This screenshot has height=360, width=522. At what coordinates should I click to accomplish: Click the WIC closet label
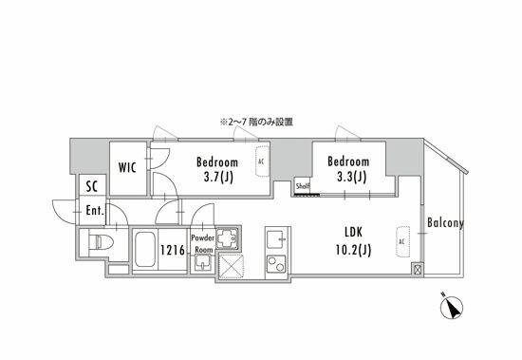coord(128,167)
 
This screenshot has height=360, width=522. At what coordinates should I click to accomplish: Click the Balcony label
coord(444,224)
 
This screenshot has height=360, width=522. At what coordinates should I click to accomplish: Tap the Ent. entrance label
coord(95,211)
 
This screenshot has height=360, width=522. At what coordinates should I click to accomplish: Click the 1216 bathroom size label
coord(172,251)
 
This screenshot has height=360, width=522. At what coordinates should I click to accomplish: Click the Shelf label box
coord(303,186)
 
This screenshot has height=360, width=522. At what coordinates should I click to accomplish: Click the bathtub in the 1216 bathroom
coord(145,251)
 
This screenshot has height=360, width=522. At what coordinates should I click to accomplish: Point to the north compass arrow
coord(454,308)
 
